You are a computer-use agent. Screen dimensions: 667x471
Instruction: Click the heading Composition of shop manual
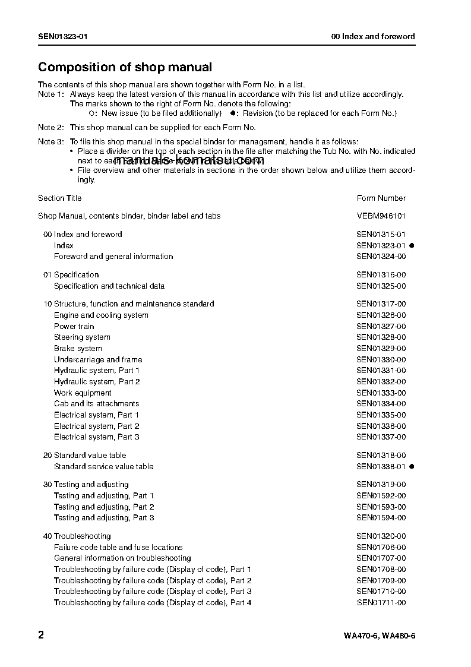(x=125, y=67)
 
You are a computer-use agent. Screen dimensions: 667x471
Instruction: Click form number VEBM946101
(x=381, y=216)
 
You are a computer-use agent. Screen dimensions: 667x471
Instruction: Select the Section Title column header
(x=60, y=198)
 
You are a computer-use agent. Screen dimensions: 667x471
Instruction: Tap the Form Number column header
(x=381, y=198)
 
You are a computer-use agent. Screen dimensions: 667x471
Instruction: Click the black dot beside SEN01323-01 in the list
(x=412, y=245)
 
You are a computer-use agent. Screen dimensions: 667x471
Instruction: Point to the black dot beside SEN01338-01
(x=412, y=467)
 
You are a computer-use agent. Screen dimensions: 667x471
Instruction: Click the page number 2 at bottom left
(x=41, y=635)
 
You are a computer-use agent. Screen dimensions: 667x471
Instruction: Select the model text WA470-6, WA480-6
(x=379, y=636)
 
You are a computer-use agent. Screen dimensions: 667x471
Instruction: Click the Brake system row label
(x=78, y=349)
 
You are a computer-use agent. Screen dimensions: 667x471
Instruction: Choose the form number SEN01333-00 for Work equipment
(x=381, y=393)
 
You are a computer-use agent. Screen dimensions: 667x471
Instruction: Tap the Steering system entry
(x=82, y=337)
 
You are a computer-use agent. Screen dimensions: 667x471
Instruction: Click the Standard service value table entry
(x=103, y=467)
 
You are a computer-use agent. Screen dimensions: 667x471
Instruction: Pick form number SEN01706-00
(x=381, y=548)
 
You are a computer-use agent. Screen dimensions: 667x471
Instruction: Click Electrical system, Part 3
(x=97, y=437)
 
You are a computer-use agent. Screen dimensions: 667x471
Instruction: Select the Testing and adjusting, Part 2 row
(x=104, y=507)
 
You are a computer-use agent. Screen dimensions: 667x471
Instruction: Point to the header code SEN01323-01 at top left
(x=63, y=37)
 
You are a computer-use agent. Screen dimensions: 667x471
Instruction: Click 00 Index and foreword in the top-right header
(x=373, y=37)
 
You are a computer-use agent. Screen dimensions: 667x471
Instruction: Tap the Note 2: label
(x=50, y=128)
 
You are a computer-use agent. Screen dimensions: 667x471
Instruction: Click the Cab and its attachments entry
(x=96, y=404)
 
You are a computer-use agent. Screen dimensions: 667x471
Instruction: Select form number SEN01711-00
(x=381, y=603)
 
